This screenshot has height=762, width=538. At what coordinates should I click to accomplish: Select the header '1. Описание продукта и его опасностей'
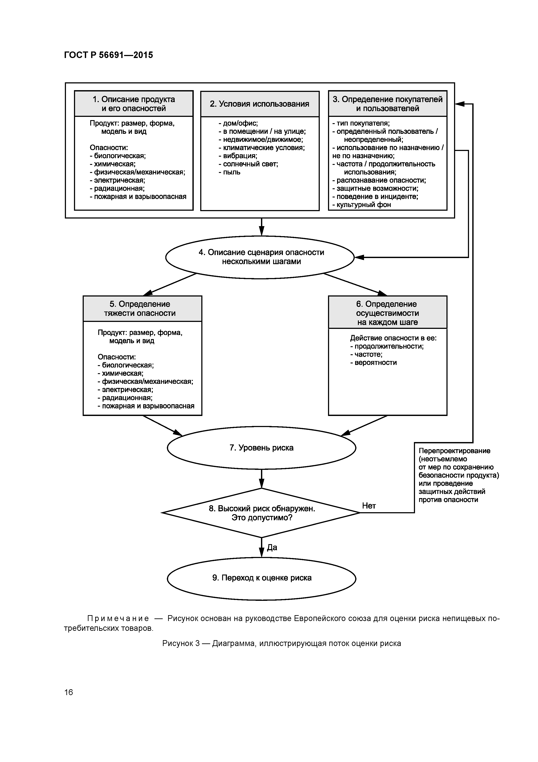pyautogui.click(x=134, y=104)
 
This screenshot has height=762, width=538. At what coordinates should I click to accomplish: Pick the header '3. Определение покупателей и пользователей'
pyautogui.click(x=387, y=104)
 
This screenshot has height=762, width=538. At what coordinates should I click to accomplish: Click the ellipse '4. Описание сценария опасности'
pyautogui.click(x=261, y=257)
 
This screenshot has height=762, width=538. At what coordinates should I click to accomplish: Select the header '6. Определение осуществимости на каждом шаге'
pyautogui.click(x=387, y=313)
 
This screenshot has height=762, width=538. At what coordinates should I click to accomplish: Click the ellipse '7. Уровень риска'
pyautogui.click(x=261, y=448)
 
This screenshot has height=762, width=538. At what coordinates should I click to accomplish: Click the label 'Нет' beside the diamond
pyautogui.click(x=369, y=506)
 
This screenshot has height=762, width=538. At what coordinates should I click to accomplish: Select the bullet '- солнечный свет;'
pyautogui.click(x=248, y=164)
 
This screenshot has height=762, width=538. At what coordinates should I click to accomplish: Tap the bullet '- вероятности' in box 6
pyautogui.click(x=373, y=362)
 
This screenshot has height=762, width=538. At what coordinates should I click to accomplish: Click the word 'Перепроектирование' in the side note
pyautogui.click(x=454, y=451)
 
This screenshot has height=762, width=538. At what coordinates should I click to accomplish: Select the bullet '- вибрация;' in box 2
pyautogui.click(x=238, y=156)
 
